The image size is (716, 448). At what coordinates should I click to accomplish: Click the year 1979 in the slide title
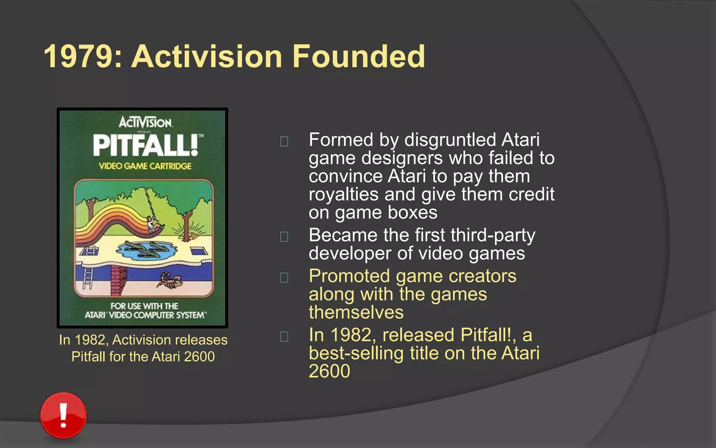[x=78, y=57]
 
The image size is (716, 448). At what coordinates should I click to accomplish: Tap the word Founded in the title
[x=359, y=57]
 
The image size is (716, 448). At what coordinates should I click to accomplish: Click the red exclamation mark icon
[x=63, y=415]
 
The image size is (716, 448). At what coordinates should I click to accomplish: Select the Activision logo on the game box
[x=145, y=122]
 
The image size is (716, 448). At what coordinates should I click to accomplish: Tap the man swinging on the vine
[x=151, y=223]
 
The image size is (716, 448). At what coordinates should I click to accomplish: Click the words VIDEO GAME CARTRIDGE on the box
[x=145, y=166]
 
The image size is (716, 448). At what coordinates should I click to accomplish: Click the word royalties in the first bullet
[x=343, y=195]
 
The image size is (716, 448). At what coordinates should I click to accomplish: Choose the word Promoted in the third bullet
[x=349, y=276]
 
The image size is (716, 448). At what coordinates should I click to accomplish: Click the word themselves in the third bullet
[x=356, y=312]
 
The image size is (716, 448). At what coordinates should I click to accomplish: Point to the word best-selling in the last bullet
[x=356, y=353]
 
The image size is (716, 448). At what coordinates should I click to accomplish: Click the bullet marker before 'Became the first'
[x=284, y=237]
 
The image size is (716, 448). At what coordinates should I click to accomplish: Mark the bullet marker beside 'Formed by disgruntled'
[x=284, y=141]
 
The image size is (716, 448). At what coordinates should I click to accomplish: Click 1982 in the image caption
[x=90, y=340]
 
